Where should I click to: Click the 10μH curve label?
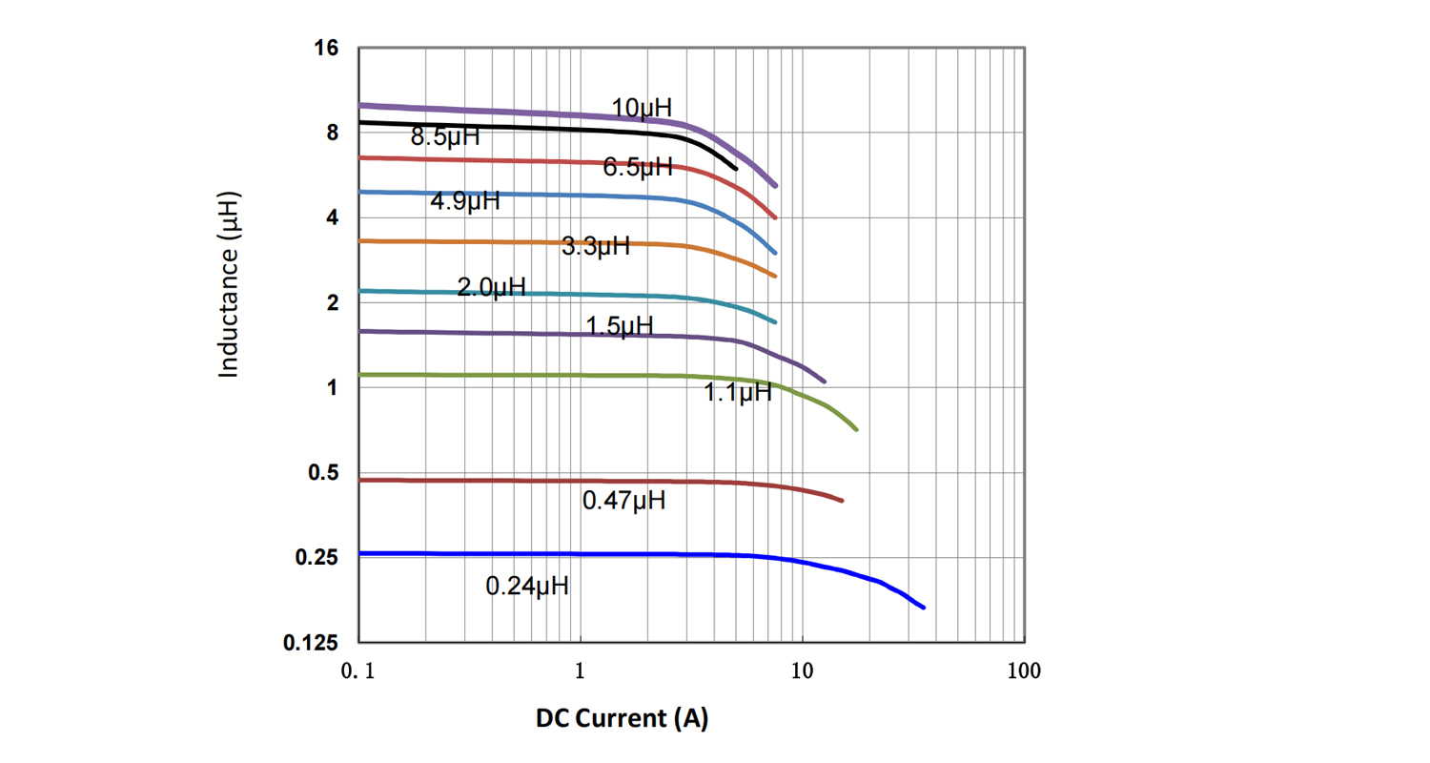click(x=648, y=108)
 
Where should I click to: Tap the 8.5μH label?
click(x=445, y=136)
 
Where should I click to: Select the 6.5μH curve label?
click(x=638, y=168)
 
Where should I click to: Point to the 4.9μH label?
click(x=464, y=201)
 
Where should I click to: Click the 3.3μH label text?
click(x=596, y=247)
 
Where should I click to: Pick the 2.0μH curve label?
click(x=492, y=287)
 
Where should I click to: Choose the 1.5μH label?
click(x=620, y=326)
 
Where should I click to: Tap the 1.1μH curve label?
click(x=738, y=392)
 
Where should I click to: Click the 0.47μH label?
click(x=623, y=500)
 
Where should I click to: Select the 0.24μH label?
click(x=527, y=586)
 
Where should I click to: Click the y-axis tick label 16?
click(x=327, y=49)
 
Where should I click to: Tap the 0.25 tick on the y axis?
click(x=318, y=558)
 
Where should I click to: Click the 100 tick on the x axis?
click(x=1023, y=671)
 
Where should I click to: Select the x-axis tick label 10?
click(x=802, y=671)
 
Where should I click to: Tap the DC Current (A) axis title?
click(x=622, y=719)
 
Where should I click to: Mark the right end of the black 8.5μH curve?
click(x=736, y=169)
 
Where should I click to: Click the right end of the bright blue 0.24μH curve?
click(x=923, y=607)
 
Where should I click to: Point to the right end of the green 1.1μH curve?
click(x=856, y=429)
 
